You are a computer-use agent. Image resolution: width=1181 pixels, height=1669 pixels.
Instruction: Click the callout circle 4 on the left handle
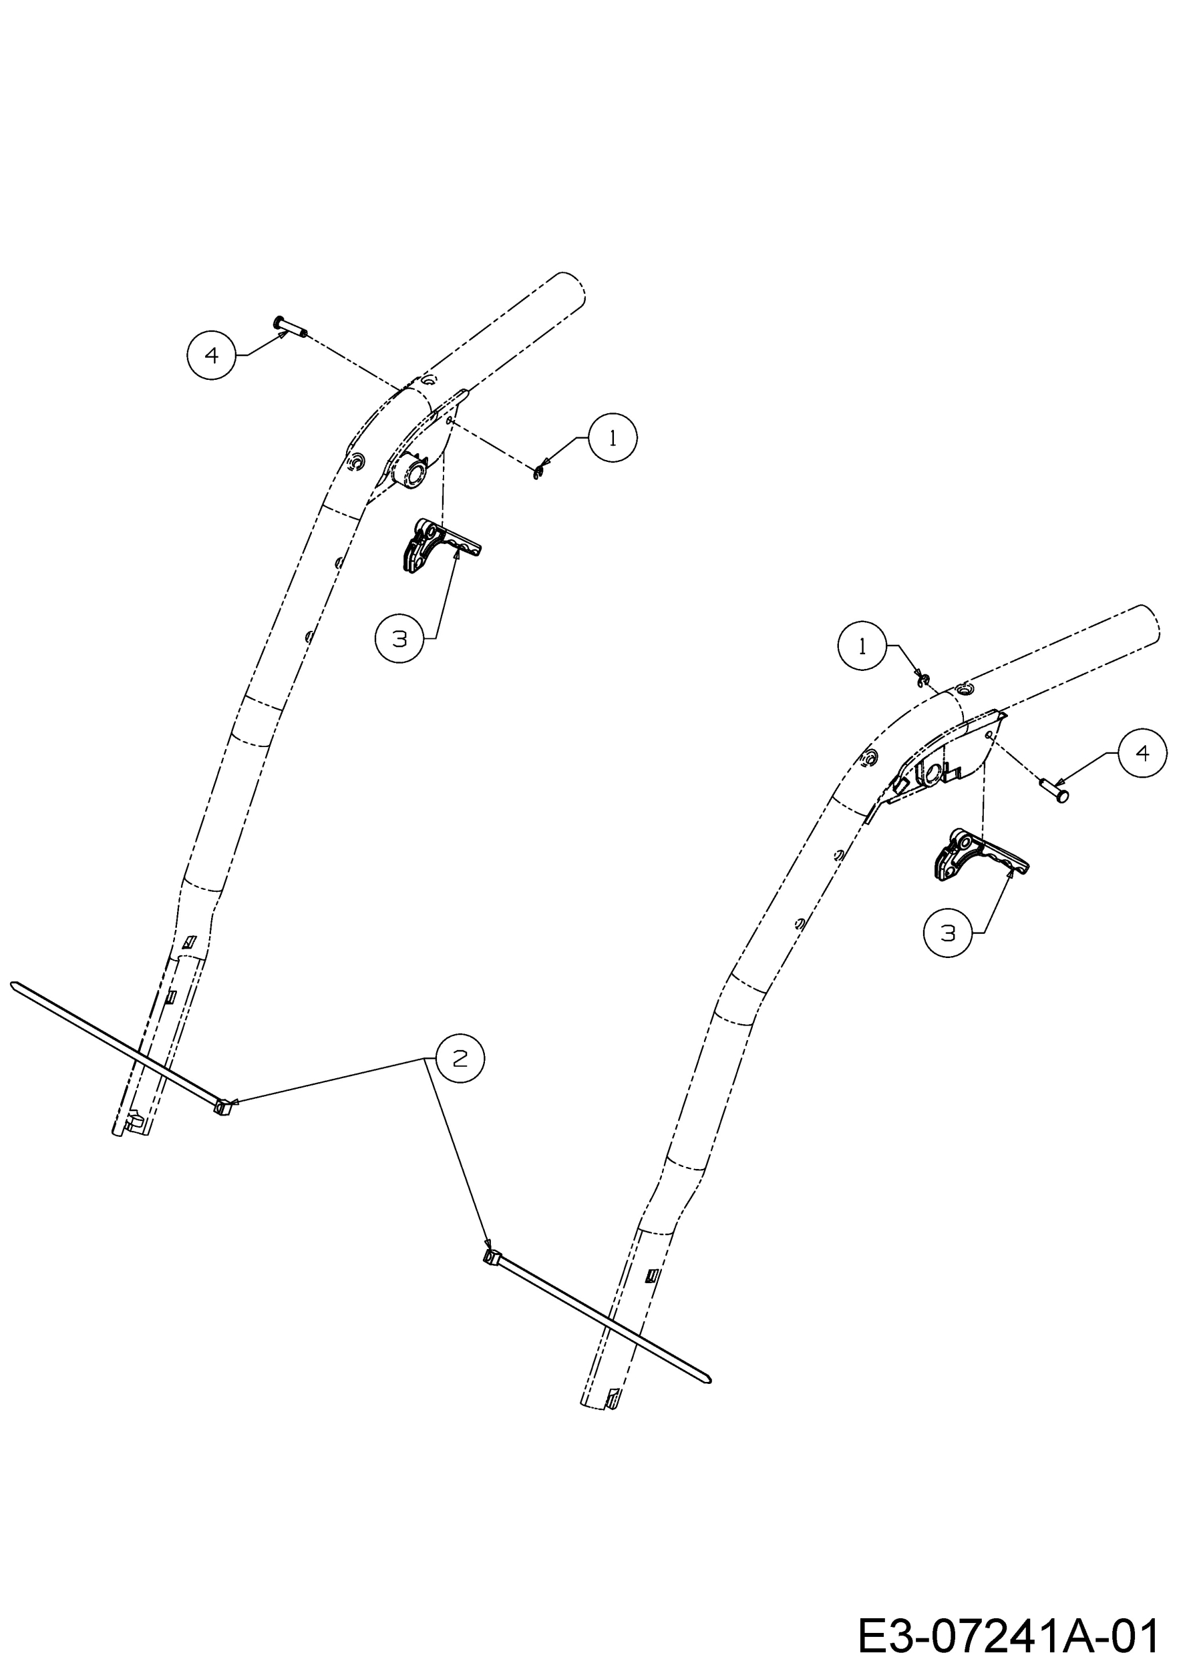pos(212,354)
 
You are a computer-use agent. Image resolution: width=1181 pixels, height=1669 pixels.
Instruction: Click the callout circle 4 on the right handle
pos(1142,753)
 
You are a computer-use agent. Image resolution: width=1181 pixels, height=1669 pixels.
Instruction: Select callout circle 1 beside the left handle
pos(613,437)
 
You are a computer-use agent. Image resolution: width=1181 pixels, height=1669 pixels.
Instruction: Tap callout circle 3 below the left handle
pos(399,638)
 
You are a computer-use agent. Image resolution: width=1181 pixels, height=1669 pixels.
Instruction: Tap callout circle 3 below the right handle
pos(948,933)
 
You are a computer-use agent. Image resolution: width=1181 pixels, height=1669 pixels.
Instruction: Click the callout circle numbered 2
pos(460,1059)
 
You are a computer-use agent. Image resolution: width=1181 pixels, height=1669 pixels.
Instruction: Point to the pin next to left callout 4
pos(290,327)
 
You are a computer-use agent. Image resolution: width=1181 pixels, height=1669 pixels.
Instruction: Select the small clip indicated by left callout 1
pos(539,473)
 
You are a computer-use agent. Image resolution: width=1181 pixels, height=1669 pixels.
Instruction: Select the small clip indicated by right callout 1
pos(923,680)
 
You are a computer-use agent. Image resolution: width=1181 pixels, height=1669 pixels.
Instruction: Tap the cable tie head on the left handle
pos(223,1107)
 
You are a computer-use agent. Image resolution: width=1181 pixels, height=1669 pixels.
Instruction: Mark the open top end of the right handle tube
pos(1148,622)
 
